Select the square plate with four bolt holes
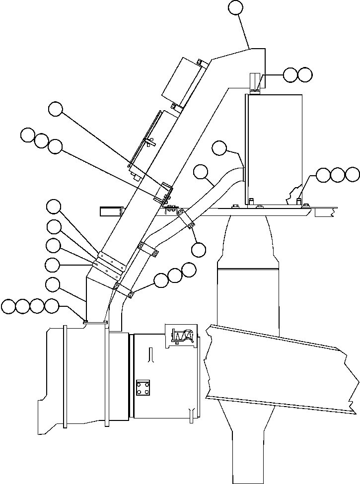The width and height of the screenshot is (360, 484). [x=144, y=388]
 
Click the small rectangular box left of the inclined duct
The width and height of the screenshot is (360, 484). [x=111, y=211]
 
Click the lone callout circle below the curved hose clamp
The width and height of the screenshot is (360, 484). [x=198, y=250]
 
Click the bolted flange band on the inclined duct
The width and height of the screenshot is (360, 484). [x=110, y=264]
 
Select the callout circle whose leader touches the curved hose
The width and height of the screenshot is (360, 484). [x=201, y=172]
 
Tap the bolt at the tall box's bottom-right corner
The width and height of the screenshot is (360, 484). [x=299, y=201]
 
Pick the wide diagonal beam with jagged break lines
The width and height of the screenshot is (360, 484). [x=283, y=367]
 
